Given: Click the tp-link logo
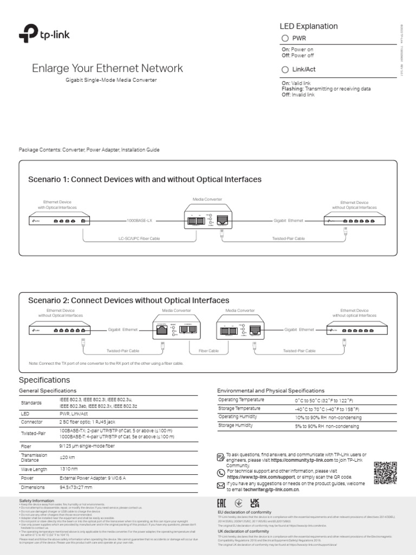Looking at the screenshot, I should [x=44, y=36].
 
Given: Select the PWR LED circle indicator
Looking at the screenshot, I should [x=285, y=38].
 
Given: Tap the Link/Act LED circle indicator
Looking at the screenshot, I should [x=285, y=69].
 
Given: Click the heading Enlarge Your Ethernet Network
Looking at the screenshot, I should [x=107, y=68].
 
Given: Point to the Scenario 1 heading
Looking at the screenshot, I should [x=145, y=179].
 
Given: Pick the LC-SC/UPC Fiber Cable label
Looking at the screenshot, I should [x=139, y=238].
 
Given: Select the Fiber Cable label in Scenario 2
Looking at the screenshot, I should [x=209, y=351].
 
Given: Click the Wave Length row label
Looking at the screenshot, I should [x=34, y=469].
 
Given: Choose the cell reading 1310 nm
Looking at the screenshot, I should [x=68, y=469].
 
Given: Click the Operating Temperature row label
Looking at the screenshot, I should [x=239, y=399].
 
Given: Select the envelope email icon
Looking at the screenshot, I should [x=220, y=485].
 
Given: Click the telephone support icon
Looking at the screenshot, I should [x=220, y=472].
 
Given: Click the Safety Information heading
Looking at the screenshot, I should [x=37, y=500].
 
